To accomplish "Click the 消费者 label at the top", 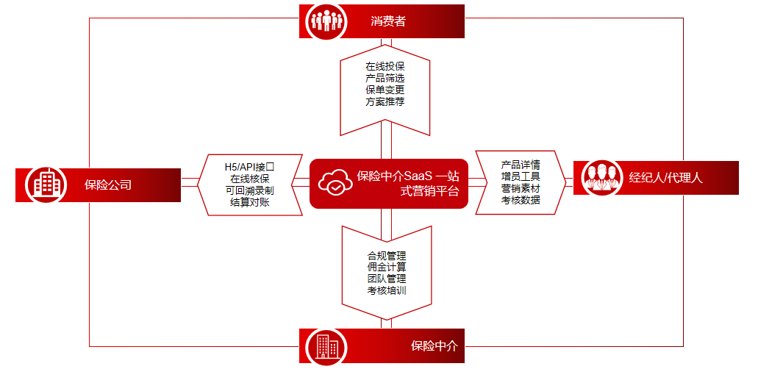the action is point(388,21).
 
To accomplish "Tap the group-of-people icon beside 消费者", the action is point(323,21).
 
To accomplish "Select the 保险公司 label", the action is point(108,184).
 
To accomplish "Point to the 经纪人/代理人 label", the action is point(666,177).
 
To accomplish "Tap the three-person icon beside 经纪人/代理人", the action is point(598,177).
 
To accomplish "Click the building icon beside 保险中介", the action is point(324,345).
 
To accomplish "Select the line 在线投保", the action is point(385,67).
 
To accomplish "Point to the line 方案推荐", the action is point(385,101).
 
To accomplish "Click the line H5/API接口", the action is point(249,167).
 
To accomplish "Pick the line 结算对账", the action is point(249,202).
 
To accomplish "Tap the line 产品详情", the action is point(521,164).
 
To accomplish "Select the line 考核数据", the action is point(521,199).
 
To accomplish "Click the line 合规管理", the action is point(387,256).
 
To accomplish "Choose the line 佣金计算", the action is point(387,267).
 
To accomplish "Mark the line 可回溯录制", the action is point(249,190).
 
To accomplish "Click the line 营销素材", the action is point(521,187).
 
